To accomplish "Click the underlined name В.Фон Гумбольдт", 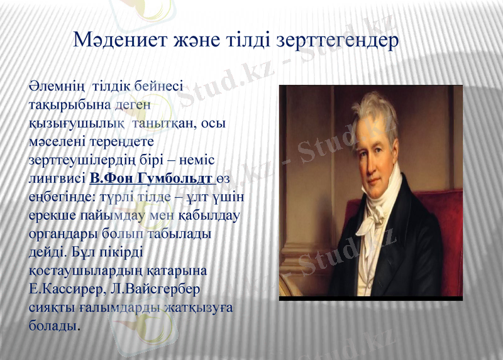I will coord(151,178).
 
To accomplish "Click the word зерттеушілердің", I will coord(83,160).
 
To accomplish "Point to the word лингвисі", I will coord(57,178).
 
